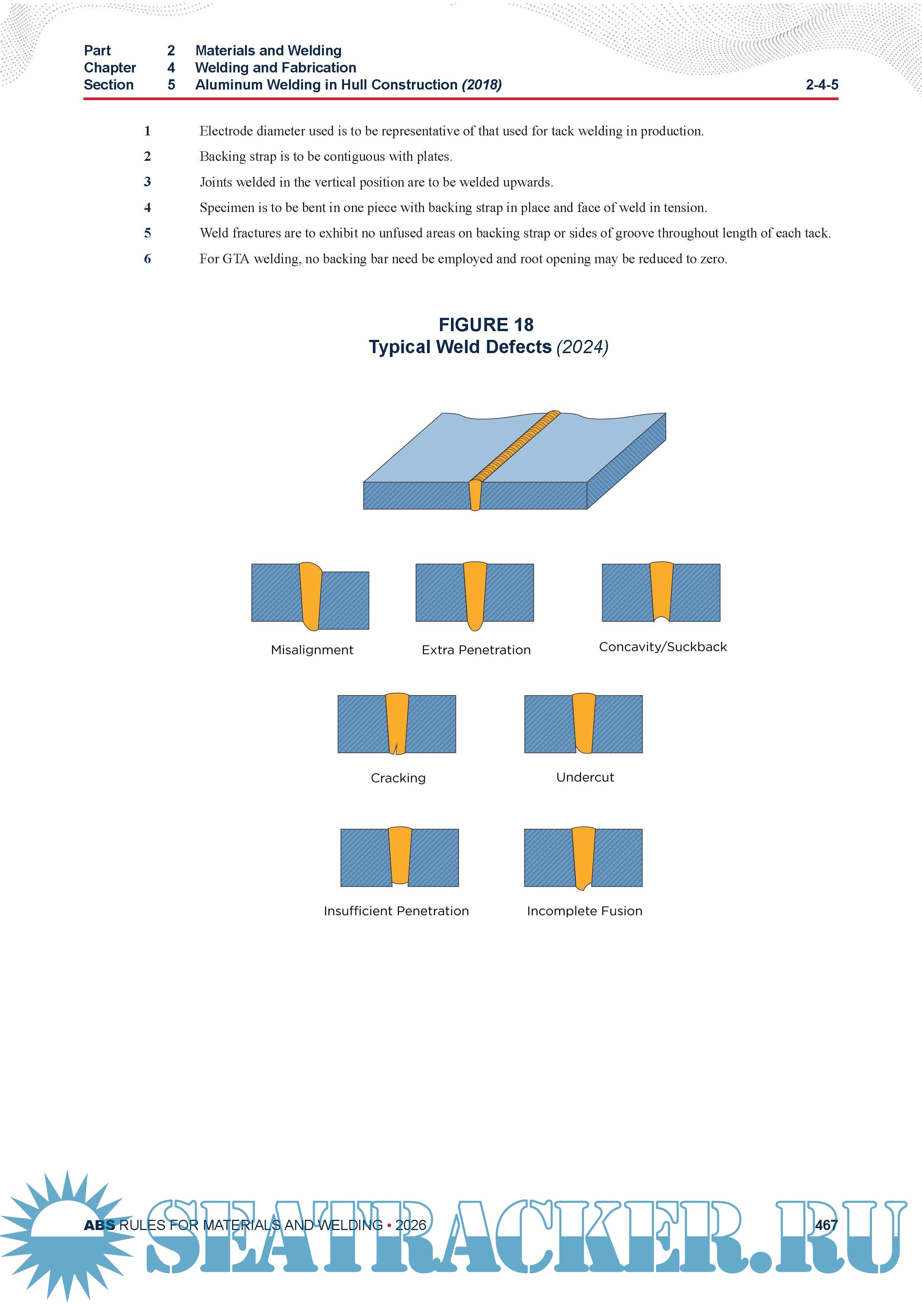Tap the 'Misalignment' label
(312, 650)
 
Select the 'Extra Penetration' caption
(476, 650)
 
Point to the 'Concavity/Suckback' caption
(662, 647)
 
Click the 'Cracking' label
(397, 778)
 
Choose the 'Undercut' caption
(584, 777)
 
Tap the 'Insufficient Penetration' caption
(396, 911)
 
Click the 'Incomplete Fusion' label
(584, 911)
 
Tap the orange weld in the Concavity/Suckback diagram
(661, 591)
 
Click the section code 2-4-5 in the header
(821, 85)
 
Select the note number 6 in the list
(147, 259)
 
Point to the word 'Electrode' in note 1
(226, 131)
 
